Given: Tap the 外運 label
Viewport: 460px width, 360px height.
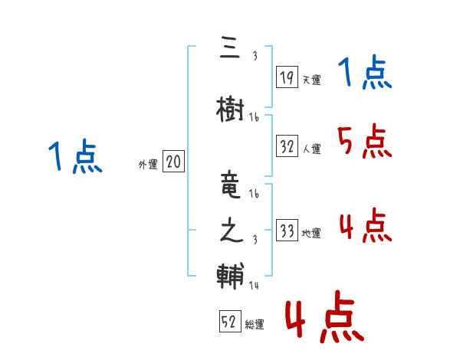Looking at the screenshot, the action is pos(148,164).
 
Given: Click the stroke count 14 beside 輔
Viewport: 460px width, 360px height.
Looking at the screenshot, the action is pos(255,286).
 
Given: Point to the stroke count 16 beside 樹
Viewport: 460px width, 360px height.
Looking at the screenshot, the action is pos(255,117).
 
